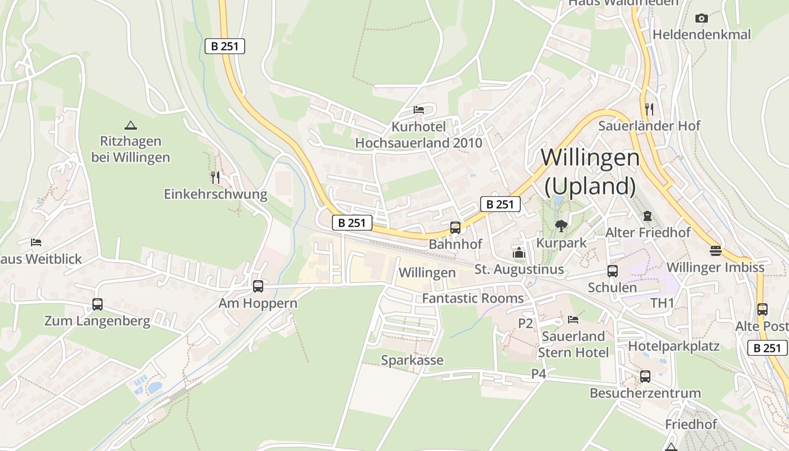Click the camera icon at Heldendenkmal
(702, 18)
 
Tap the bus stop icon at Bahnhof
(455, 228)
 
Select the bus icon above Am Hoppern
(258, 286)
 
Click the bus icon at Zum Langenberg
(97, 304)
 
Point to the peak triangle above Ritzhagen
(131, 125)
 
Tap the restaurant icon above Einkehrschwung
(215, 178)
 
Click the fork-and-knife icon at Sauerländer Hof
(649, 109)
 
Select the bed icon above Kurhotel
(419, 109)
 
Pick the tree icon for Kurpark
(561, 226)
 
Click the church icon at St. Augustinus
(519, 253)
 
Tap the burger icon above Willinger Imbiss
(716, 250)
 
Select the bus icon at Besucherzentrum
(645, 376)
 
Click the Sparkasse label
(412, 360)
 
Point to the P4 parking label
(539, 374)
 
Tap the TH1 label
(662, 303)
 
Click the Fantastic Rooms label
(472, 298)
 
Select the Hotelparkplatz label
(673, 346)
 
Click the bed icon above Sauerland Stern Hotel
(573, 320)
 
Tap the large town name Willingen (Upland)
(590, 171)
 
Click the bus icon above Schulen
(613, 271)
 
